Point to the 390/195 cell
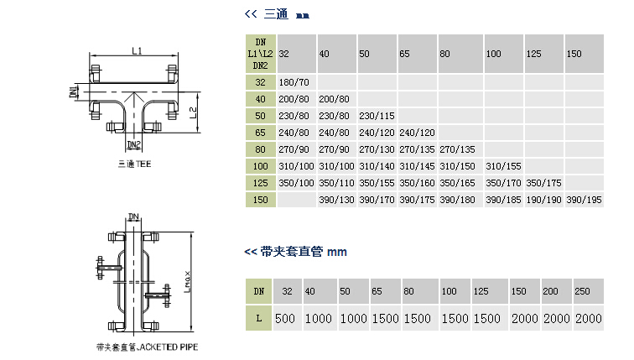(x=583, y=200)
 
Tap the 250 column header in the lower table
(x=583, y=291)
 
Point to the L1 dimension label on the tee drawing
(x=137, y=51)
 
